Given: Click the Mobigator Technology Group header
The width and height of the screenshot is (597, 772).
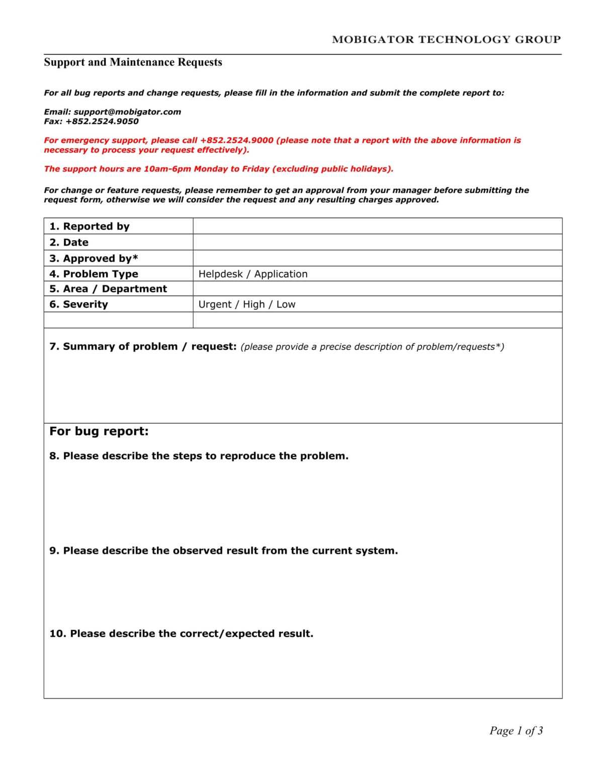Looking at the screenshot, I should pos(446,39).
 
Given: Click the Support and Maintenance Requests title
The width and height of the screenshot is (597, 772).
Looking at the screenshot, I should pos(133,62).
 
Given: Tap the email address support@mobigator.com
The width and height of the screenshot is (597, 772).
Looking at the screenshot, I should pos(127,112).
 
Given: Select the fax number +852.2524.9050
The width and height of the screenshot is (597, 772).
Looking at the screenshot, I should pos(102,121).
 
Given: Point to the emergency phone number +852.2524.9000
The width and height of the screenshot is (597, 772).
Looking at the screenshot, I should pos(237,140).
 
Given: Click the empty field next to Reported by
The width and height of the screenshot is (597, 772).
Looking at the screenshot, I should pos(377,226).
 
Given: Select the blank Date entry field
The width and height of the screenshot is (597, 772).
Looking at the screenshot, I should pos(377,242).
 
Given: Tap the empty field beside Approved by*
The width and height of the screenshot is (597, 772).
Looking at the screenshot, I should pos(377,258).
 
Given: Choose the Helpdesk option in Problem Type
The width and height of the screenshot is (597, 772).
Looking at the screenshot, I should pos(220,274).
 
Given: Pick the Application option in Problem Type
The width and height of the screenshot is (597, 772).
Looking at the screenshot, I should pos(281,274).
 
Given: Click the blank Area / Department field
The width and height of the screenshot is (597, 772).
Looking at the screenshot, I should pos(377,288).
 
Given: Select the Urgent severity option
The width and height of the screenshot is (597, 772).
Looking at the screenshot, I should pos(215,304).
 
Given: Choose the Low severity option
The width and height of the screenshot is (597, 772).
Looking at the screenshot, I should pos(286,304).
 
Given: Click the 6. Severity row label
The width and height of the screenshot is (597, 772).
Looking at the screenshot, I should pos(79,304).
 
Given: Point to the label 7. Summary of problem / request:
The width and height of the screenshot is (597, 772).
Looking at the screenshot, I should pos(143,346).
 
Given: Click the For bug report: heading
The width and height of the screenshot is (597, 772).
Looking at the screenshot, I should pos(99,431).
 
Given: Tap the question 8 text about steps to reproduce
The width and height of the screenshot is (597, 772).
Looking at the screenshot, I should pos(199,456).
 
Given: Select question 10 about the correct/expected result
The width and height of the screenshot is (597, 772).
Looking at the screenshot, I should pos(181,633).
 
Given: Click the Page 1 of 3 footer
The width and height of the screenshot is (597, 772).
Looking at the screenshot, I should pos(516,730).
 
